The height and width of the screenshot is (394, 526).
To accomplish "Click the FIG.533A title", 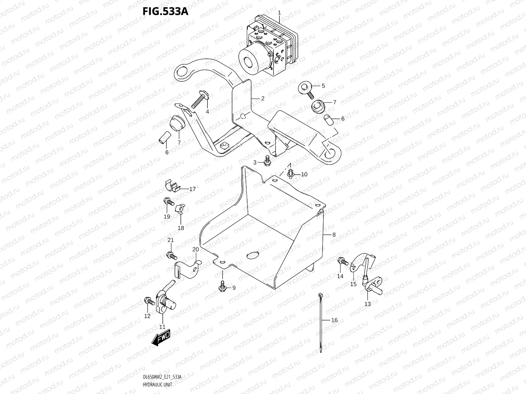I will point(165,11).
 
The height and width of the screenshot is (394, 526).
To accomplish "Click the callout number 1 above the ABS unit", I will point(279,12).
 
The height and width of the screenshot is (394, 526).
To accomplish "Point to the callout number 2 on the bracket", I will point(263,98).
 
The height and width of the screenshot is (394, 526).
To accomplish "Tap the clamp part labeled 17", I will point(172,186).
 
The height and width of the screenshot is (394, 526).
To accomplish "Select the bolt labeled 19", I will point(168,201).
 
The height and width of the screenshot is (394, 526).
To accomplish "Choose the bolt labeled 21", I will point(171,254).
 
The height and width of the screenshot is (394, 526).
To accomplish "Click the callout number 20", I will point(196,250).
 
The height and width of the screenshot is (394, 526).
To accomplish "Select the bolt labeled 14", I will point(342,262).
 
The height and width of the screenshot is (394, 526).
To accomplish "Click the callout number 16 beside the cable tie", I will point(334,320).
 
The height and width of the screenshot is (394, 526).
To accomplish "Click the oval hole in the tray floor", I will point(253,255).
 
